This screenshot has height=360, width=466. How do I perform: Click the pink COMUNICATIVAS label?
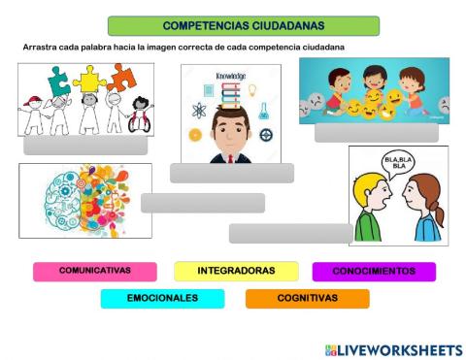(94, 271)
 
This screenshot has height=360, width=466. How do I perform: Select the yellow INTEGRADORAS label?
(236, 271)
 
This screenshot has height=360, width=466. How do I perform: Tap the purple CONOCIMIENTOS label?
(374, 271)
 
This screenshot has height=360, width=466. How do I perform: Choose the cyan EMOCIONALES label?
(162, 299)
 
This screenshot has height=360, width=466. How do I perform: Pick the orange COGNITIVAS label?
(307, 299)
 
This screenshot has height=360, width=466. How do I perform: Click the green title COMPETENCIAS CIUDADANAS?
(244, 25)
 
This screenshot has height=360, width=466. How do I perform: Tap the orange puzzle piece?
(123, 76)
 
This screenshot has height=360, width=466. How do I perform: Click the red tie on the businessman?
(230, 156)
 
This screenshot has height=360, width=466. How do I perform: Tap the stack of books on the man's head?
(229, 94)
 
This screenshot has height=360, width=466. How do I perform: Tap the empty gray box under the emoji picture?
(376, 133)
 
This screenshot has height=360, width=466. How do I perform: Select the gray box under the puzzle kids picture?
(85, 146)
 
